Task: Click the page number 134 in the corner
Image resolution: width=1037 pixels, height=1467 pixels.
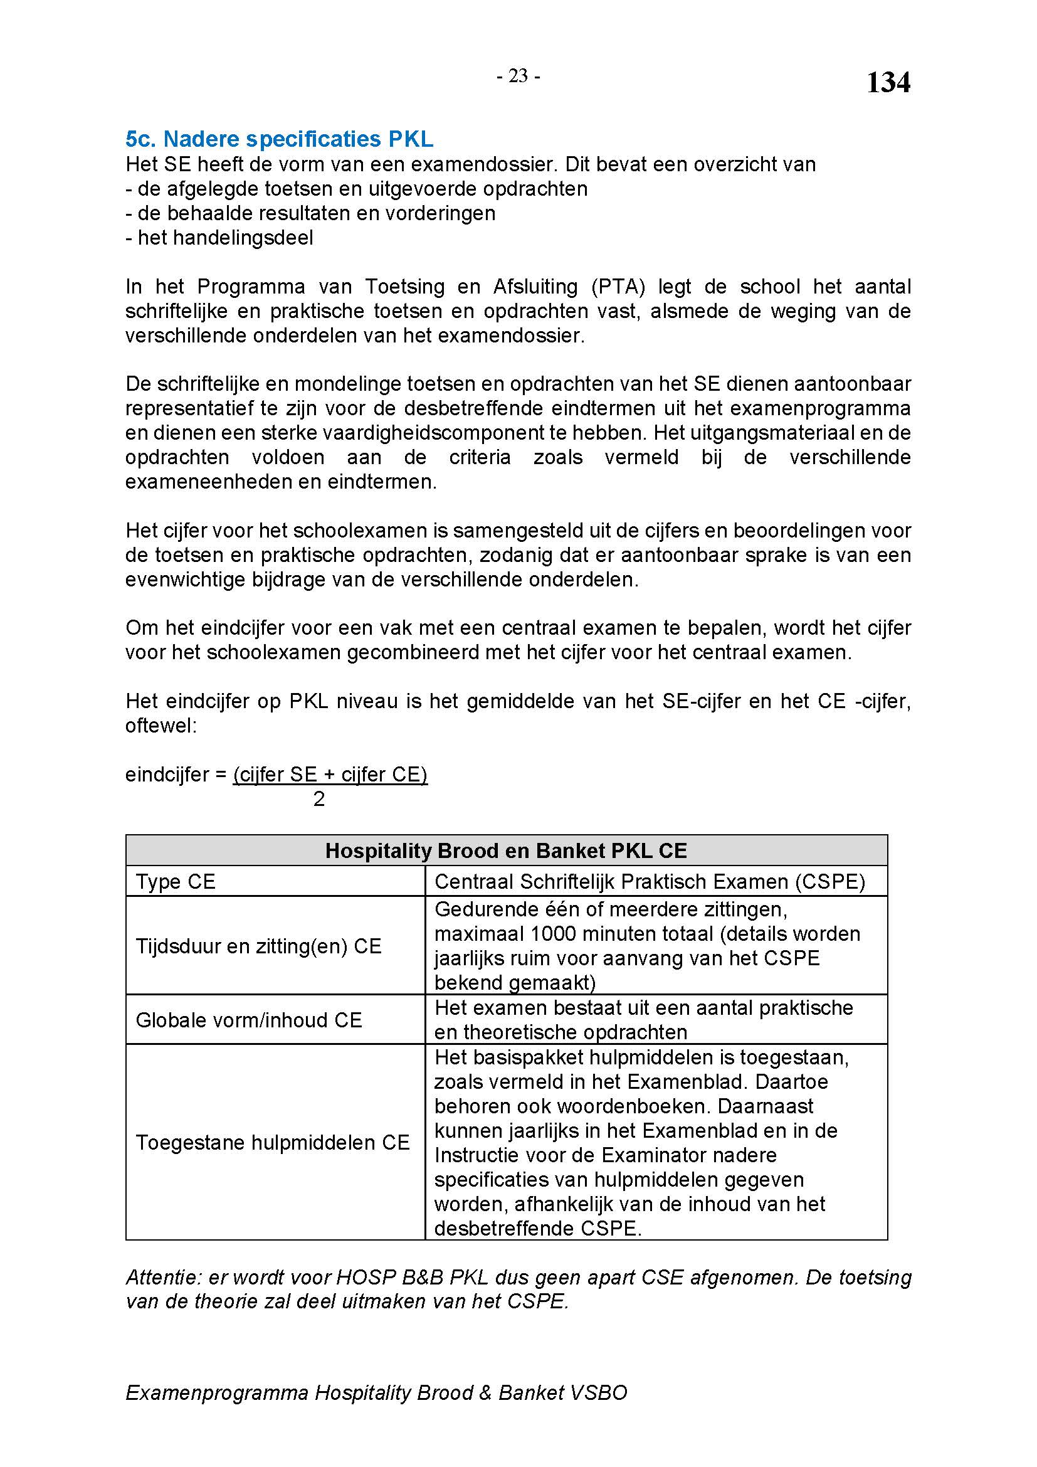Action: pyautogui.click(x=888, y=83)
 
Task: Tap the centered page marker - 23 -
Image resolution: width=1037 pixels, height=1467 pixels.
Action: pyautogui.click(x=518, y=77)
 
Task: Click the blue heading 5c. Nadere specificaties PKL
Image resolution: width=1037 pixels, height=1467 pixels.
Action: pyautogui.click(x=279, y=139)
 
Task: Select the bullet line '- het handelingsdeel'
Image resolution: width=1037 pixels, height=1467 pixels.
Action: pyautogui.click(x=219, y=238)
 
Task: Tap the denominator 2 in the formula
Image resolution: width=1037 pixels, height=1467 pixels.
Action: pyautogui.click(x=319, y=798)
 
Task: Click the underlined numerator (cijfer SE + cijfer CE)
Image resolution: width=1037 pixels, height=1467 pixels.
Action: pyautogui.click(x=330, y=775)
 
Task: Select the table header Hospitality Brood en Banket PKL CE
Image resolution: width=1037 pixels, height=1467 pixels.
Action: pyautogui.click(x=506, y=850)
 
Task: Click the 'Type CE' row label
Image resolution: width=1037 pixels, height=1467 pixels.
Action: pyautogui.click(x=176, y=882)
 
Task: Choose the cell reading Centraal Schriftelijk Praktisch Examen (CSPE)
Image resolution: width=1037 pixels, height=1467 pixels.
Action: pyautogui.click(x=650, y=882)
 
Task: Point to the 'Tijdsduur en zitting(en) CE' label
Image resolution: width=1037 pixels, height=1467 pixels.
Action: pyautogui.click(x=258, y=946)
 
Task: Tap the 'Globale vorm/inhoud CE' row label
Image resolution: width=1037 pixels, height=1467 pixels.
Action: pyautogui.click(x=248, y=1020)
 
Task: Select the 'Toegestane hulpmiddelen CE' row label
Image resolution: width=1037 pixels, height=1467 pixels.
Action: pyautogui.click(x=272, y=1142)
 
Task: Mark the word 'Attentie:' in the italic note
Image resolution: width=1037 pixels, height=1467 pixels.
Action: pyautogui.click(x=164, y=1277)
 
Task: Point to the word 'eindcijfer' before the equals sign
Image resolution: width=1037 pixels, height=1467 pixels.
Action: pyautogui.click(x=167, y=775)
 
